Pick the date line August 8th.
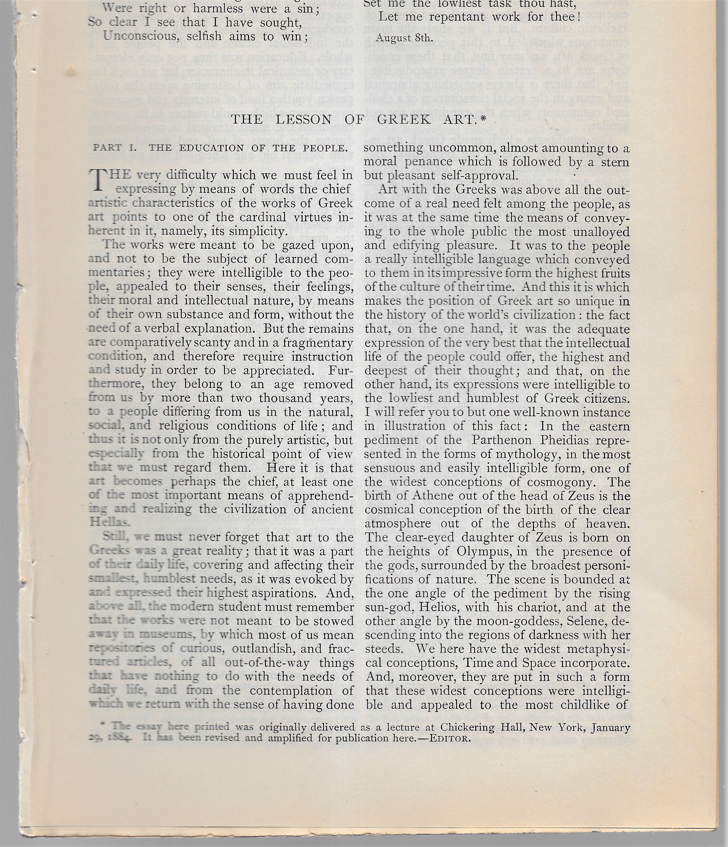tap(404, 38)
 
